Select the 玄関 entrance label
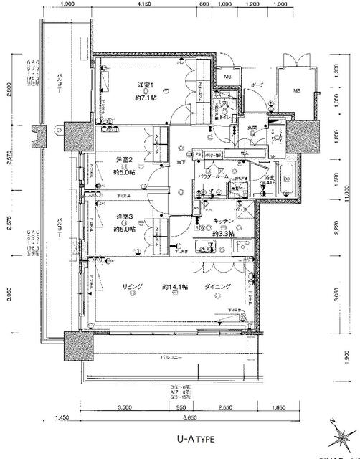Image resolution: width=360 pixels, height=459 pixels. coord(253,128)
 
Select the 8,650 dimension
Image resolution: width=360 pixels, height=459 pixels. coord(189,416)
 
